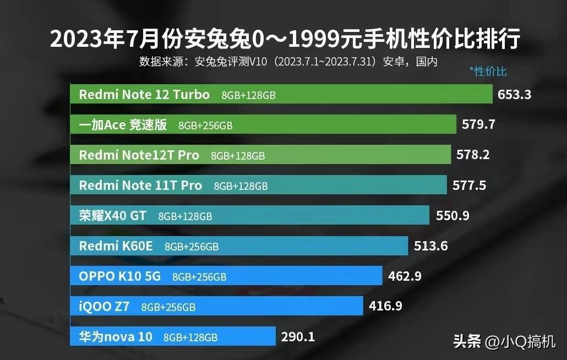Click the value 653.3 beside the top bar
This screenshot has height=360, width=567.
pyautogui.click(x=514, y=94)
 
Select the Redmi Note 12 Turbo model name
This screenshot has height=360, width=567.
pyautogui.click(x=144, y=95)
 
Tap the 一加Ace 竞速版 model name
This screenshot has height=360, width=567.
pyautogui.click(x=123, y=125)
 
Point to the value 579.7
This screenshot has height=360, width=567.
pyautogui.click(x=478, y=124)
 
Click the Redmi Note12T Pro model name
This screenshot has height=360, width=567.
pyautogui.click(x=139, y=155)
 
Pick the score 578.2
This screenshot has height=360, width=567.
pyautogui.click(x=473, y=155)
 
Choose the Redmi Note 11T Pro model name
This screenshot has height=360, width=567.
pyautogui.click(x=140, y=186)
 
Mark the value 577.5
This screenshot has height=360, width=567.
pyautogui.click(x=469, y=186)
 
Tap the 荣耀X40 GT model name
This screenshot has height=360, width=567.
pyautogui.click(x=113, y=216)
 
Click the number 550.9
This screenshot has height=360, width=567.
pyautogui.click(x=452, y=215)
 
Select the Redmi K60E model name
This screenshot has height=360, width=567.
pyautogui.click(x=116, y=246)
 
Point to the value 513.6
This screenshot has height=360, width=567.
pyautogui.click(x=431, y=246)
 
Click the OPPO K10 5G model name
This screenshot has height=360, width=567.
pyautogui.click(x=120, y=276)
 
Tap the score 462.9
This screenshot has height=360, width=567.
pyautogui.click(x=405, y=276)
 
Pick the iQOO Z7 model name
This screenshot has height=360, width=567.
pyautogui.click(x=104, y=307)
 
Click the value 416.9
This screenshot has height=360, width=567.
pyautogui.click(x=385, y=307)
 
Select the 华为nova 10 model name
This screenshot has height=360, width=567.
pyautogui.click(x=116, y=337)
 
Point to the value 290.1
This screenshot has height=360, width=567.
pyautogui.click(x=298, y=336)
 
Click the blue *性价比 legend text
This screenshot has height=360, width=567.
pyautogui.click(x=488, y=71)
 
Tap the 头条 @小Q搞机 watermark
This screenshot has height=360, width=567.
pyautogui.click(x=504, y=342)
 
